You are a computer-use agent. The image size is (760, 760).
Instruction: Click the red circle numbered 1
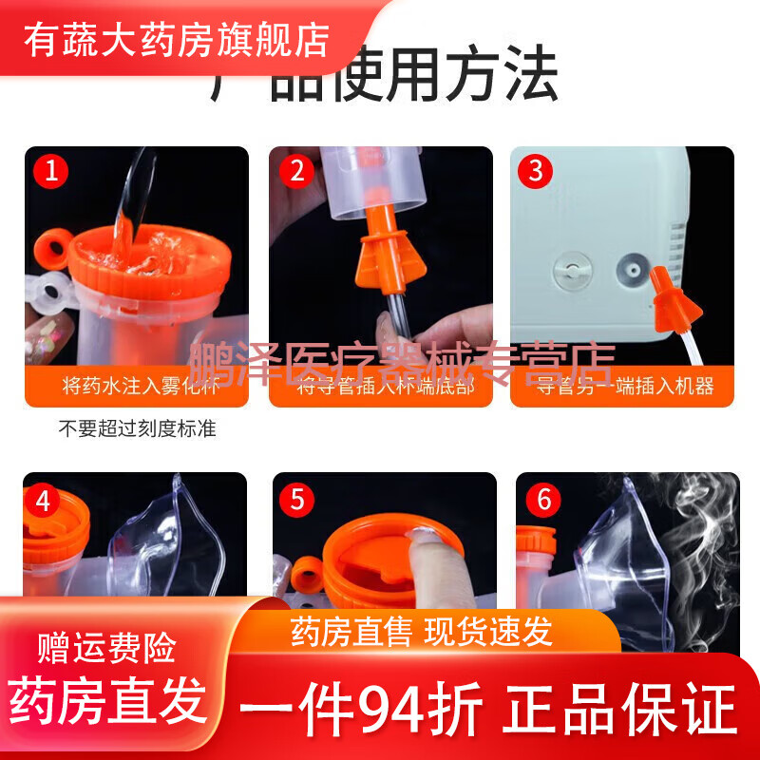[x=51, y=172]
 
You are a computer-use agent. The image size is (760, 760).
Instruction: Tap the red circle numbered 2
[x=297, y=172]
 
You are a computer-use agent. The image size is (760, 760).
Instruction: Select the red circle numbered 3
[x=537, y=172]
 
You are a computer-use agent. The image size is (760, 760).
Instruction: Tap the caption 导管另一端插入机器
[x=624, y=386]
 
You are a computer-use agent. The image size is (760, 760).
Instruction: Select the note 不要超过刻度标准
[x=137, y=428]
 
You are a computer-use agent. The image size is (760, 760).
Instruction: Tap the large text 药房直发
[x=107, y=703]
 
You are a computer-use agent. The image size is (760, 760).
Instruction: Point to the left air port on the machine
[x=573, y=270]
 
